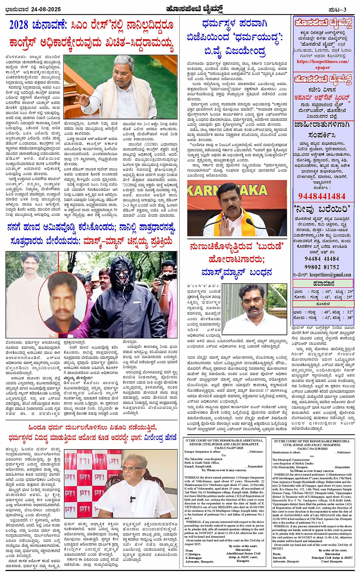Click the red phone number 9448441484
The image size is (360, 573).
click(x=322, y=196)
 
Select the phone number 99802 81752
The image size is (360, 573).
click(x=322, y=267)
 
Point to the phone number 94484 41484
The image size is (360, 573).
click(x=322, y=259)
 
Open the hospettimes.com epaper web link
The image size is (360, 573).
click(x=323, y=64)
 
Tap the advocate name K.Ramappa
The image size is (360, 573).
click(x=195, y=558)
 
